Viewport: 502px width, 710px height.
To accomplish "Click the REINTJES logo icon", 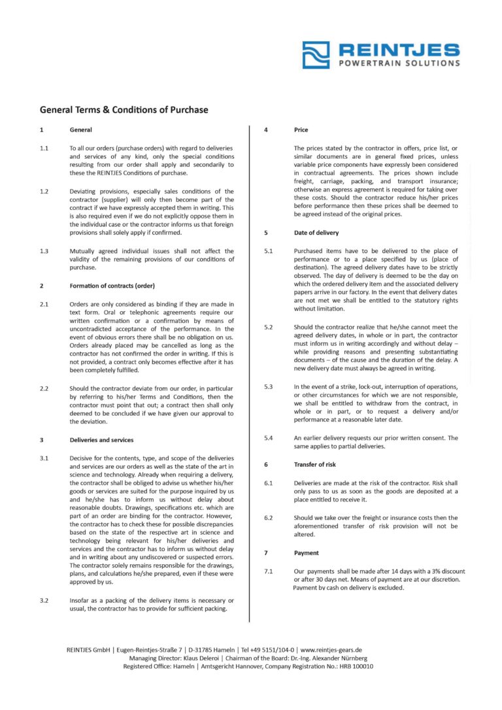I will pos(316,55).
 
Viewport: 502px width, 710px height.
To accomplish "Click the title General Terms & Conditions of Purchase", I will pos(124,109).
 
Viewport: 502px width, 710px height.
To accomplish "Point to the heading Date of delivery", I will pos(316,233).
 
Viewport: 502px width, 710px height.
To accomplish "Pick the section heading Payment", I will pos(307,553).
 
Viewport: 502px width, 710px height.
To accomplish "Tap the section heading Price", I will pos(301,130).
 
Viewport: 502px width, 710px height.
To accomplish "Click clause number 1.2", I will pos(44,191).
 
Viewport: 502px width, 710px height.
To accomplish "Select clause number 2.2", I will pos(44,388).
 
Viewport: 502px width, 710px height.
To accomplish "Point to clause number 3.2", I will pos(44,600).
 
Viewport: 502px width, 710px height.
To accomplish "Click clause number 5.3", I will pos(268,387).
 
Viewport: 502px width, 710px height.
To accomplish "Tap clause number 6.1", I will pos(268,483).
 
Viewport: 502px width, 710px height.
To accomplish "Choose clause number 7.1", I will pos(268,571).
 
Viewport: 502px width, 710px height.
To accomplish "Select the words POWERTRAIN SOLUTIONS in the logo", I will pos(399,63).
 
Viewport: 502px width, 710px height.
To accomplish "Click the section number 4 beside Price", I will pos(266,130).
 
